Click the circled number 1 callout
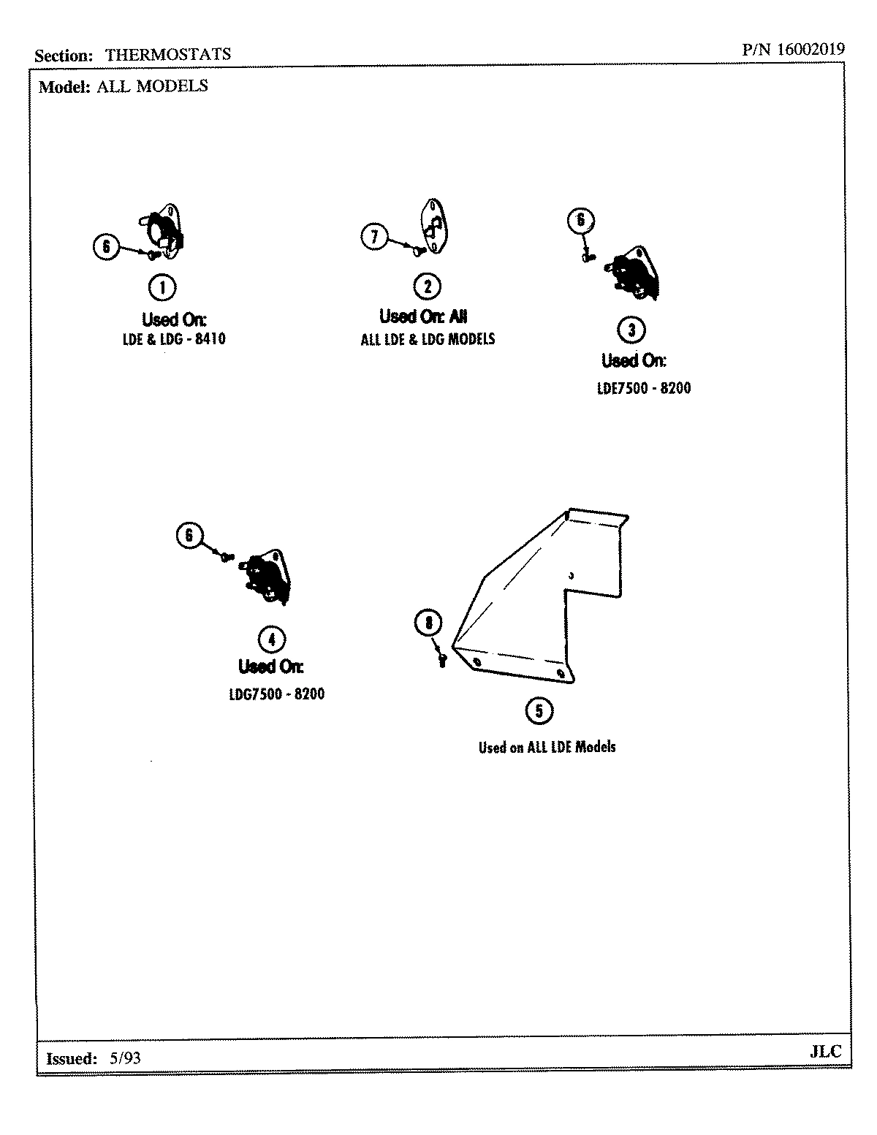coord(162,287)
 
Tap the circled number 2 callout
coord(427,286)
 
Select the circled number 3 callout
coord(631,330)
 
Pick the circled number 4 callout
coord(272,639)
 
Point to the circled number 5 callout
coord(539,710)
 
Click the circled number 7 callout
coord(374,236)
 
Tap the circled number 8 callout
coord(428,623)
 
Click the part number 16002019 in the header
coord(810,50)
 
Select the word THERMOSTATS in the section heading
coord(168,54)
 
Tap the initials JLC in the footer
coord(825,1052)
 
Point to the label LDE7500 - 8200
coord(643,388)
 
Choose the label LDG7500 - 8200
coord(276,694)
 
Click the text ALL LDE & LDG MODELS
coord(428,339)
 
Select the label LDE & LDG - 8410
coord(174,339)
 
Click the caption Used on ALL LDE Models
coord(547,747)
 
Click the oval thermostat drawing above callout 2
coord(431,226)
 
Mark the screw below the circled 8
coord(441,659)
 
